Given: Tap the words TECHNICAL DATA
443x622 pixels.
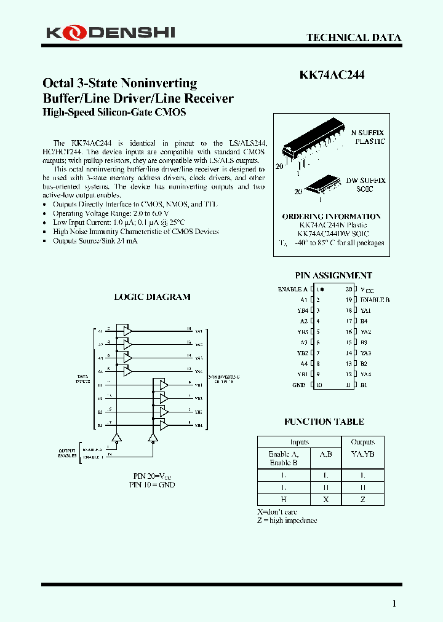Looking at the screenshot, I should pyautogui.click(x=354, y=37).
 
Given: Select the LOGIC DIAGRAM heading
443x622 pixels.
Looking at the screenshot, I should pyautogui.click(x=152, y=297).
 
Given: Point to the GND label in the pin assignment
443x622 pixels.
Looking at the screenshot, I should pyautogui.click(x=298, y=385).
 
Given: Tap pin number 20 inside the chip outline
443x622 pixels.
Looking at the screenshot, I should pyautogui.click(x=348, y=289).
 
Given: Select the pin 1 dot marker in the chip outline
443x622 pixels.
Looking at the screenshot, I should pyautogui.click(x=322, y=289).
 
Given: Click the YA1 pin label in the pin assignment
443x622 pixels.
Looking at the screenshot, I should pyautogui.click(x=365, y=310).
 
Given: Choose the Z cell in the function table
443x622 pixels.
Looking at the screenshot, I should pyautogui.click(x=362, y=500).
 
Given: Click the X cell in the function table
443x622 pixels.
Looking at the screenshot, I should pyautogui.click(x=325, y=500).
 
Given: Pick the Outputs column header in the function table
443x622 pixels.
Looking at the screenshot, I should pyautogui.click(x=362, y=442).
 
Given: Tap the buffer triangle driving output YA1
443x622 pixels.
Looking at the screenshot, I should pyautogui.click(x=127, y=331).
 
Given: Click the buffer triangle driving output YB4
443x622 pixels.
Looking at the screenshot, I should pyautogui.click(x=163, y=425).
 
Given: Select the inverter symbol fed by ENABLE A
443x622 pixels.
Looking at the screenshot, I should pyautogui.click(x=117, y=438).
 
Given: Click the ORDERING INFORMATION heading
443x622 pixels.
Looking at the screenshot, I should pyautogui.click(x=331, y=216).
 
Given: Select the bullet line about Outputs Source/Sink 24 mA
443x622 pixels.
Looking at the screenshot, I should pyautogui.click(x=95, y=241).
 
